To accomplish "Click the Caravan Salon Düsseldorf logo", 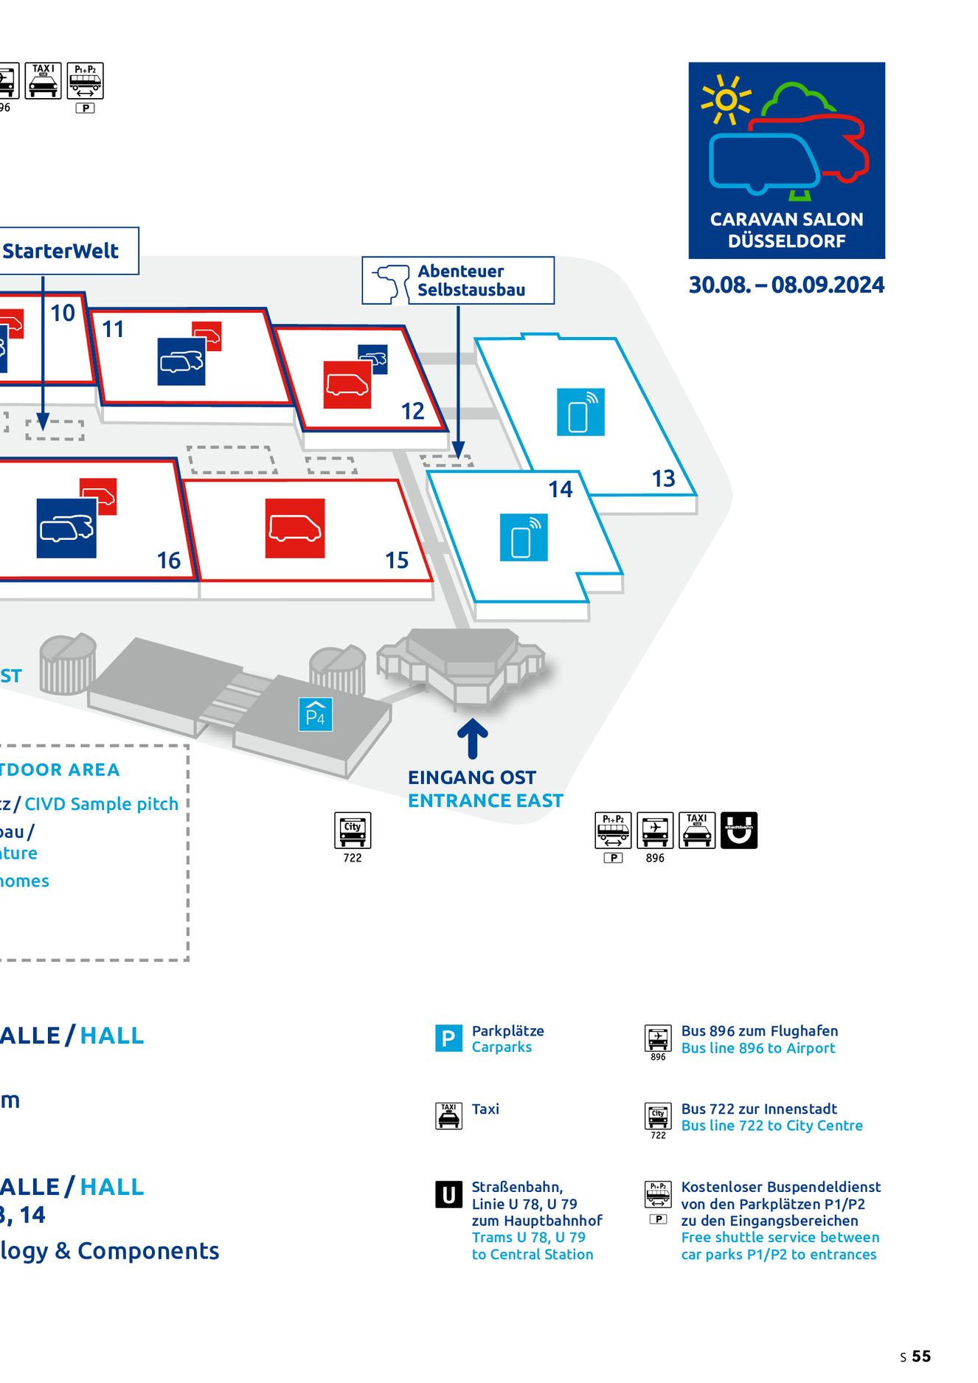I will tap(786, 160).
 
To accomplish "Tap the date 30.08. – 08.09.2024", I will tap(786, 285).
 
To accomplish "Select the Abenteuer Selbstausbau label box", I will tap(458, 280).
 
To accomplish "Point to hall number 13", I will tap(663, 479).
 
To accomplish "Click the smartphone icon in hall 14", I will tap(524, 538).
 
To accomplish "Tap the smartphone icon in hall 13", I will tap(580, 412).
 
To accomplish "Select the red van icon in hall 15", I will tap(295, 528).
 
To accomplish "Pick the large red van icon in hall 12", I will tap(347, 384).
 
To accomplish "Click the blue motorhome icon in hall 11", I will tap(181, 361).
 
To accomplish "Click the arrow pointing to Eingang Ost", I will tap(472, 738).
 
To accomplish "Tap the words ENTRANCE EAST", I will tap(485, 800).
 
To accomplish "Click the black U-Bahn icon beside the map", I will tap(738, 831).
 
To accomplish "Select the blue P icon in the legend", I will tap(448, 1039).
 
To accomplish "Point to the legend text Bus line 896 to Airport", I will tap(758, 1048).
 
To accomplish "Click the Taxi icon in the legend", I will tap(448, 1116).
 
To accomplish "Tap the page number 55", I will tap(921, 1356).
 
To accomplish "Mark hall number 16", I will tap(169, 561).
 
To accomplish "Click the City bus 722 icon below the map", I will tap(353, 831).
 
